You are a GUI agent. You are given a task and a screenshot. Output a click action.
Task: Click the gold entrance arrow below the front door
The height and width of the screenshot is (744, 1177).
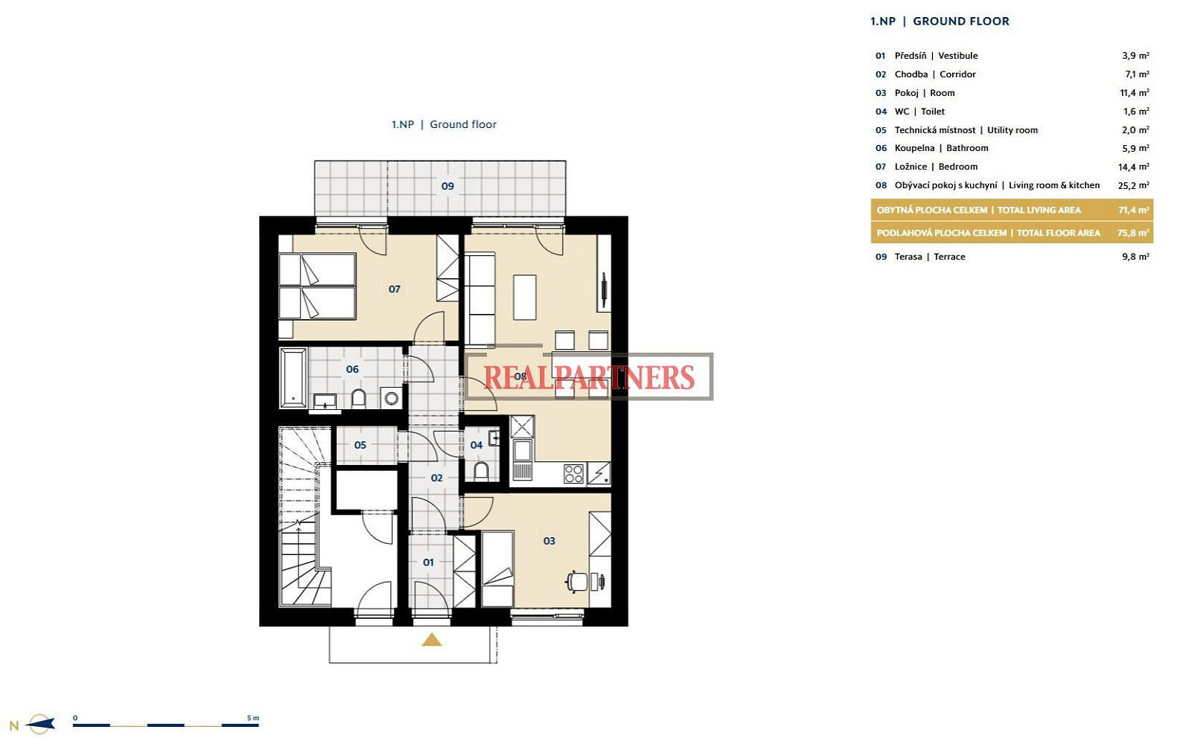431,640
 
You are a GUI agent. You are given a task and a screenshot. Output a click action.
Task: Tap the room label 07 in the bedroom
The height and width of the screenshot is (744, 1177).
394,289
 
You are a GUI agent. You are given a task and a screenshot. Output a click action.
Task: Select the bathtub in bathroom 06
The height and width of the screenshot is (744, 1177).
293,377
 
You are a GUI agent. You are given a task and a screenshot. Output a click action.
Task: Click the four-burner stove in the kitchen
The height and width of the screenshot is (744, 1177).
573,474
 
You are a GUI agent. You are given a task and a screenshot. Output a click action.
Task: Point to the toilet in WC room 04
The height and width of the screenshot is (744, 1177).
481,471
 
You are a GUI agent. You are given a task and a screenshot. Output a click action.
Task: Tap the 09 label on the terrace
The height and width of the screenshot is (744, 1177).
447,186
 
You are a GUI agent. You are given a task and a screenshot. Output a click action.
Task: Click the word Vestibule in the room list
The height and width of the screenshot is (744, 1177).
958,56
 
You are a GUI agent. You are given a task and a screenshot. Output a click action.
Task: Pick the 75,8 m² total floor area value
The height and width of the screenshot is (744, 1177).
1133,233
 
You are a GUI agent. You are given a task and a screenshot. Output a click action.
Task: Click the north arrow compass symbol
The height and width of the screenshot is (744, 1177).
40,725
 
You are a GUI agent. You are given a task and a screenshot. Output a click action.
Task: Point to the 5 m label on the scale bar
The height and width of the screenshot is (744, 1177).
252,718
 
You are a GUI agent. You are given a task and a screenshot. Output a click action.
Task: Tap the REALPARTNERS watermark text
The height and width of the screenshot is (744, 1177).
589,377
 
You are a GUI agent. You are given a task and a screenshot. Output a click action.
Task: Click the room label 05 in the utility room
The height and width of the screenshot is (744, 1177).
360,445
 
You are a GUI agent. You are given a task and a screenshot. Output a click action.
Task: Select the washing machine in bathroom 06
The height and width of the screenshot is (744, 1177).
392,398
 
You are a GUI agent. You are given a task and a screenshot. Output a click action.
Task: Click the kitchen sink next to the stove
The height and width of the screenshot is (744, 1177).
523,451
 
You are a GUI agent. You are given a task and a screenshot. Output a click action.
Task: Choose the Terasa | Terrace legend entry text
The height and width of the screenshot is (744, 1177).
930,257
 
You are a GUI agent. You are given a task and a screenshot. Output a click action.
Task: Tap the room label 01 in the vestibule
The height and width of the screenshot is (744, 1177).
428,562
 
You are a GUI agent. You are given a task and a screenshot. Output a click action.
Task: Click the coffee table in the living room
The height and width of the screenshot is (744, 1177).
524,297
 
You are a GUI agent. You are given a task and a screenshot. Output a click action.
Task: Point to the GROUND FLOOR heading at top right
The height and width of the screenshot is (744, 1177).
961,22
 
